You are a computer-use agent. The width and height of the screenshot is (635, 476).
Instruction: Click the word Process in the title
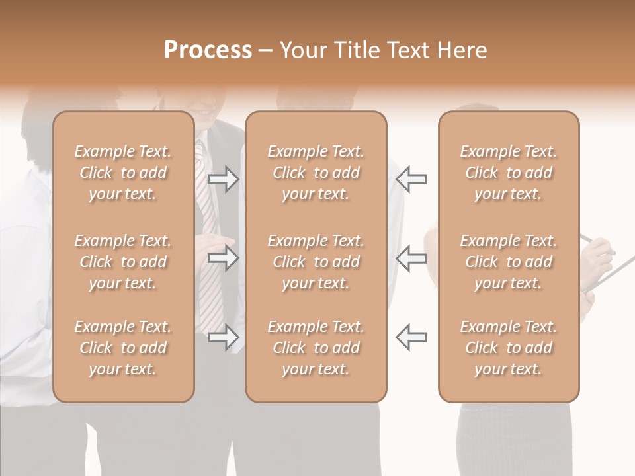208,50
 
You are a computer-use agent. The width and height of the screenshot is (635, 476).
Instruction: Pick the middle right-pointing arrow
224,258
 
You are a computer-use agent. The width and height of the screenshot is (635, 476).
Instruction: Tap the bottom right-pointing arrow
224,338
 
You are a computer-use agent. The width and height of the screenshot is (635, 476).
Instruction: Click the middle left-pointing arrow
411,258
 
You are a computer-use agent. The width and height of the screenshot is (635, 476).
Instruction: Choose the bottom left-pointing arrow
411,338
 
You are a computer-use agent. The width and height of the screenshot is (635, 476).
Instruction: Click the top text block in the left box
123,173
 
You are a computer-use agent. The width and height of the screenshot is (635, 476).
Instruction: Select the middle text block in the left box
123,262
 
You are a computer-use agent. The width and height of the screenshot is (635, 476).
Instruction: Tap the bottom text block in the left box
123,348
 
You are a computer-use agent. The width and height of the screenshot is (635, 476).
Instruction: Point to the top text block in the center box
316,173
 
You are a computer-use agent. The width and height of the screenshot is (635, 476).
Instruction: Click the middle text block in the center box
316,262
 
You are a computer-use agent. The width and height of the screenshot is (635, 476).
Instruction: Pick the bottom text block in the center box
316,348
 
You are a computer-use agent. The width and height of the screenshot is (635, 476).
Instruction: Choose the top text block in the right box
509,173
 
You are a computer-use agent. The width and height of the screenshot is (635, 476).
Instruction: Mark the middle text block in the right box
509,262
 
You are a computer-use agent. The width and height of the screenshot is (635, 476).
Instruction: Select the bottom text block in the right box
509,348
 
